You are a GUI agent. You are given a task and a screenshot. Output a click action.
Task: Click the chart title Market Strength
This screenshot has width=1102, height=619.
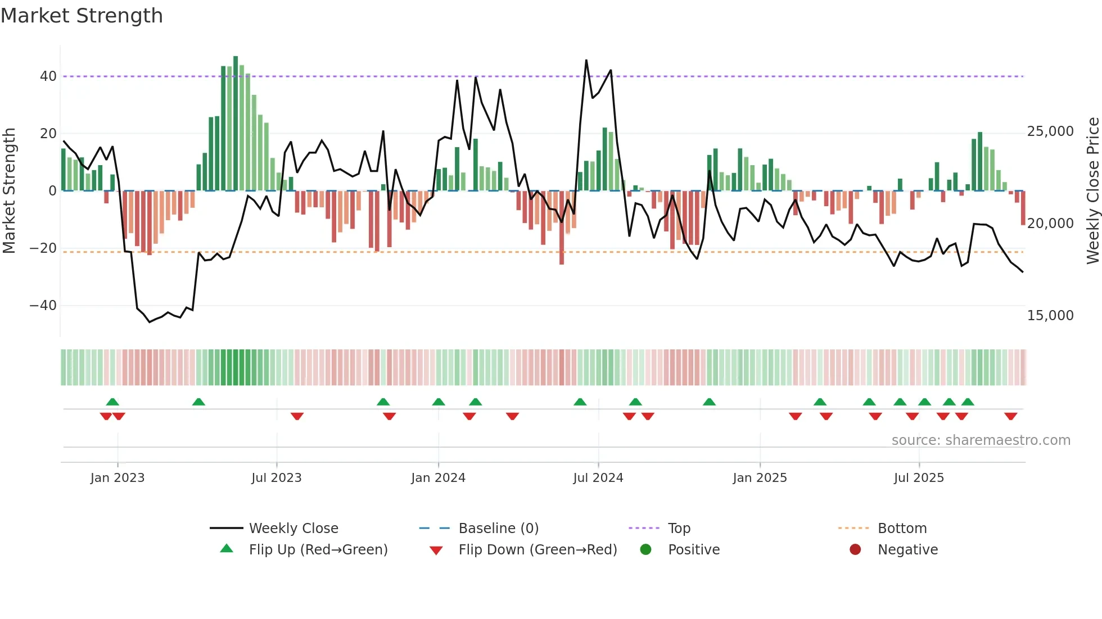82,16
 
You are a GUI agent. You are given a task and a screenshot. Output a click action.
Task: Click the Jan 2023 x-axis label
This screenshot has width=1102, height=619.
118,477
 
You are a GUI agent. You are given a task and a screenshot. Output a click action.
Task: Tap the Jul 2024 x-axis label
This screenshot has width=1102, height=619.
598,477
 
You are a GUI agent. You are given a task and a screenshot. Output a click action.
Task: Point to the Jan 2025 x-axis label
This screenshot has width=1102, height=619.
760,477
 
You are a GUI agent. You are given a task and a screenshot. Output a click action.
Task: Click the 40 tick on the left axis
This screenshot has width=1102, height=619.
48,76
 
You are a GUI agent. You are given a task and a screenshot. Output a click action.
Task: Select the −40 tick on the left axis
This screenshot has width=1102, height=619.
43,306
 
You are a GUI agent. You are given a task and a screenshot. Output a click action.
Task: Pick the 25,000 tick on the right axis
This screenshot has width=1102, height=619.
1050,131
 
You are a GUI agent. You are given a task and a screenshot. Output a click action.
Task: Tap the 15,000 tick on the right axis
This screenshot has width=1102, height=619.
1050,316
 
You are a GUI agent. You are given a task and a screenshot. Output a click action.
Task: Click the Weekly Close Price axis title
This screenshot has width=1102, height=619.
1092,190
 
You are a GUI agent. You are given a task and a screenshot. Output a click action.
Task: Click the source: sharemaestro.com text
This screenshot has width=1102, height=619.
981,440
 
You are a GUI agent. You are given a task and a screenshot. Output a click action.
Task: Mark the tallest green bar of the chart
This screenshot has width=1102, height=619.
236,124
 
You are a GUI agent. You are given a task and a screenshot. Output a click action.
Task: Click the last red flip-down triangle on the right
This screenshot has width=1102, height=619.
1010,416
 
